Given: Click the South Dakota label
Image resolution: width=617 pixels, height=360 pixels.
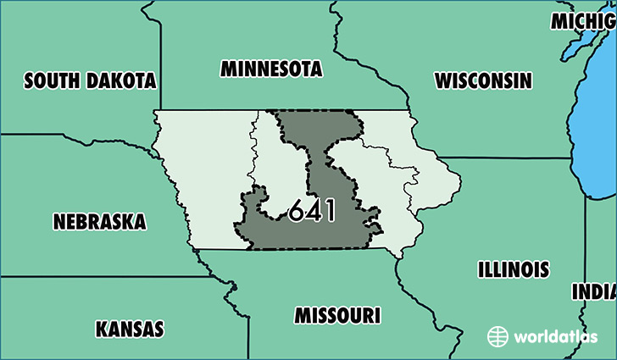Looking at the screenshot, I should [91, 80].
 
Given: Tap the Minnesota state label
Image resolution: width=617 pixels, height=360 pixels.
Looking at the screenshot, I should [271, 69].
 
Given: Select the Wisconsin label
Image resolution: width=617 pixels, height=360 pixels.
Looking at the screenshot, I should [483, 80].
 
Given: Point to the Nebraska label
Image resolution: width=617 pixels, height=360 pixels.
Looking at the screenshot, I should [99, 222].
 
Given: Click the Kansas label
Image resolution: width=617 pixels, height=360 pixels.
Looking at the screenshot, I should [130, 328].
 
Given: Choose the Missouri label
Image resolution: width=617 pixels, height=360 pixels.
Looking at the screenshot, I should [336, 315].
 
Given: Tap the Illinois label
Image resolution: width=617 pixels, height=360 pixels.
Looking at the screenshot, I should [513, 270].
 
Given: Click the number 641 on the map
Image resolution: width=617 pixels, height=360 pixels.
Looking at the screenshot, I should [311, 210].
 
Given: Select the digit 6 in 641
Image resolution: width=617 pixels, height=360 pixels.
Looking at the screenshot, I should [296, 210].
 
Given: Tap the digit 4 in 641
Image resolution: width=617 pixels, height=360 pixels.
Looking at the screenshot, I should [313, 210].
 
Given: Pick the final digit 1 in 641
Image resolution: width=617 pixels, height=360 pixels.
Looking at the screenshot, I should [329, 210].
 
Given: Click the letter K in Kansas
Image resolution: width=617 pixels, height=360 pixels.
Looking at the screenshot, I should [102, 328].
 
